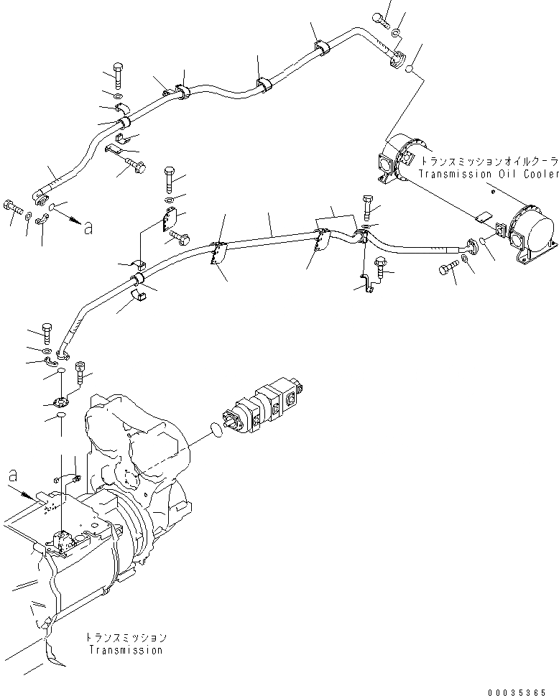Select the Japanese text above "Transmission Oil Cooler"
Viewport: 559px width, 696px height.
click(489, 162)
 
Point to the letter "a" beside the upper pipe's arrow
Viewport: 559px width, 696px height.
click(87, 228)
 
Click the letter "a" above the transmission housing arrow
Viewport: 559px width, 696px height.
click(12, 475)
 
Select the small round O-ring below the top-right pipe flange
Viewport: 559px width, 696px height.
click(409, 70)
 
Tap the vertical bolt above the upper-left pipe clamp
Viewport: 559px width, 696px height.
click(119, 75)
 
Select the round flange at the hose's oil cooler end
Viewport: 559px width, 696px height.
click(472, 247)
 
